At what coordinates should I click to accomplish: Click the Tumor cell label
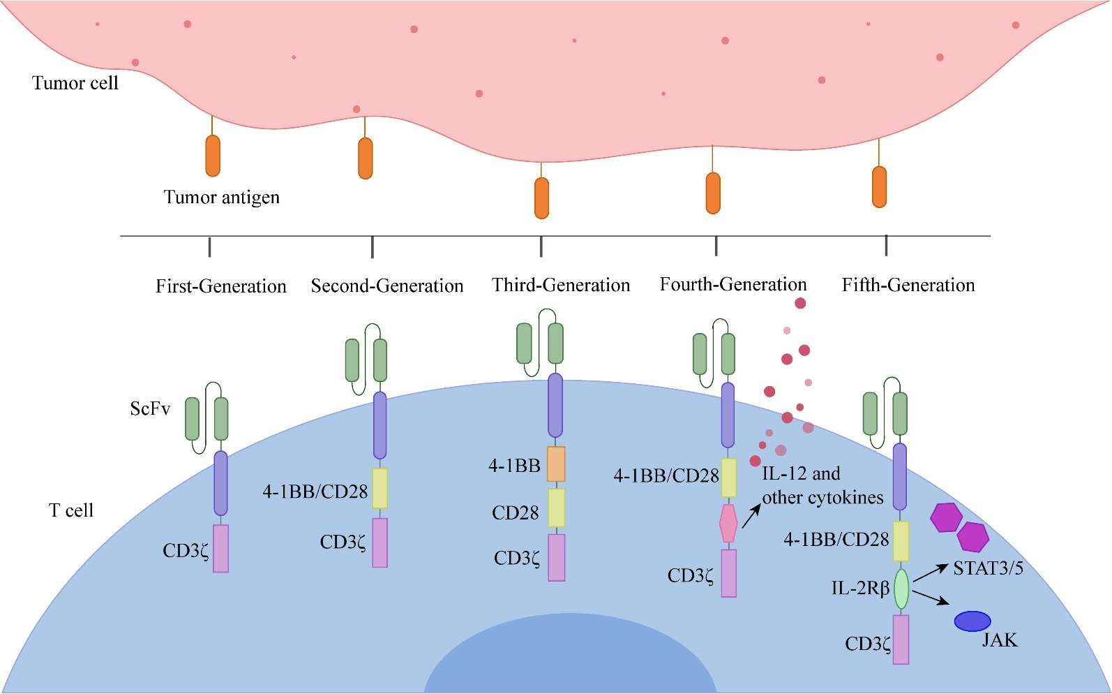point(75,83)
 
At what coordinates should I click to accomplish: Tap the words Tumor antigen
point(221,198)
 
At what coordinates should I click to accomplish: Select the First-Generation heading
point(220,286)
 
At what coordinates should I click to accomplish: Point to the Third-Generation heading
point(561,285)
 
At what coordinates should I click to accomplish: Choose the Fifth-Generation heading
point(908,285)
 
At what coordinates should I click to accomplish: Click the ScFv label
point(150,408)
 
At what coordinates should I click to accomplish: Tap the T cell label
point(71,510)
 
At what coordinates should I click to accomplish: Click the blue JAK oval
point(972,621)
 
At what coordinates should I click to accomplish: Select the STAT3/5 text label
point(988,568)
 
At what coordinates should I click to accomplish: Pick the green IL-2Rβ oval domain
point(901,589)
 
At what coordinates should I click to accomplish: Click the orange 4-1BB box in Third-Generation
point(556,464)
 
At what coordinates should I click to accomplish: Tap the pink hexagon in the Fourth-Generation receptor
point(728,524)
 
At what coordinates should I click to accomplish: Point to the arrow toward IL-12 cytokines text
point(751,517)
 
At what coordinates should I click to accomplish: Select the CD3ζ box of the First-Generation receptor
point(220,549)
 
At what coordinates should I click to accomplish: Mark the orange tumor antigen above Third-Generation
point(541,198)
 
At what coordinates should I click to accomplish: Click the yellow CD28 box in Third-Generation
point(556,508)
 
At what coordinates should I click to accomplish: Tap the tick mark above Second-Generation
point(373,246)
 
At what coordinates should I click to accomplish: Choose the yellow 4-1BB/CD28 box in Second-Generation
point(380,488)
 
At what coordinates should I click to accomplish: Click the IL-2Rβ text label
point(860,589)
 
